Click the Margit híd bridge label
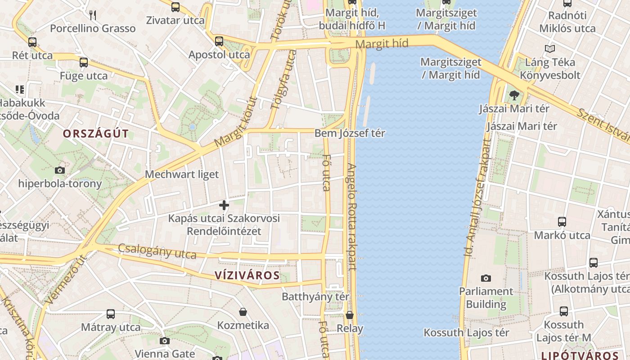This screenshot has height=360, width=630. click(x=382, y=44)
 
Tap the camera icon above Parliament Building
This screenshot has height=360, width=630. click(x=486, y=278)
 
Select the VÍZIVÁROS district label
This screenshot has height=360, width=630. click(x=247, y=275)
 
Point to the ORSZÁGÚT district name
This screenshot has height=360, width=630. click(x=96, y=134)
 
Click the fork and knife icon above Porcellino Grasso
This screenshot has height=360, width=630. click(x=93, y=15)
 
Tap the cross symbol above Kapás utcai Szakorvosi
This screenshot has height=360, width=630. click(x=224, y=206)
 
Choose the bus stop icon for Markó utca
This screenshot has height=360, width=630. click(x=562, y=222)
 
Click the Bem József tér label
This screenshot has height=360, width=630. click(x=350, y=133)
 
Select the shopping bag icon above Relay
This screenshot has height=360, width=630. click(x=350, y=315)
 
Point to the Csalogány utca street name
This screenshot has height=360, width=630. click(x=157, y=252)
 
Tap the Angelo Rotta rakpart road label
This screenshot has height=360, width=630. click(x=351, y=216)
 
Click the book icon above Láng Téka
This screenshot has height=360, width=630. click(x=549, y=49)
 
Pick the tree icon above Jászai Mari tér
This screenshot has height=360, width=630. click(x=514, y=95)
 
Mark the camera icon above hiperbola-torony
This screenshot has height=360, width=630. click(x=60, y=170)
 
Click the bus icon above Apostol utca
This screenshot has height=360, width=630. click(x=219, y=41)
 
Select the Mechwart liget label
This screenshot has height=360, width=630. click(x=182, y=174)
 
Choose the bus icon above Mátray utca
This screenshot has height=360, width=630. click(x=111, y=314)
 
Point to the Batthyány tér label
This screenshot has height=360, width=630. click(x=315, y=297)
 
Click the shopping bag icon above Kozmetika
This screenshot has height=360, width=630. click(x=243, y=312)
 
